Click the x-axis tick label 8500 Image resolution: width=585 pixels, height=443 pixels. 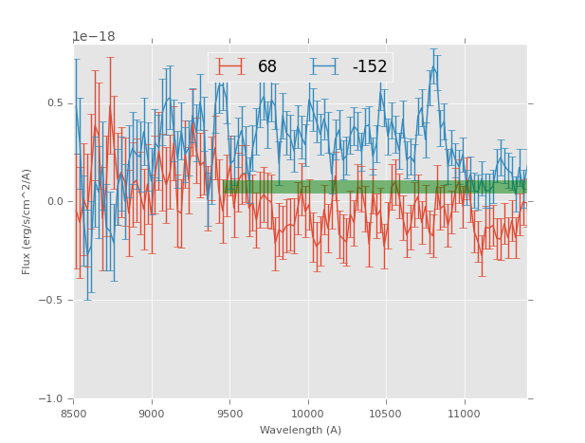click(x=74, y=414)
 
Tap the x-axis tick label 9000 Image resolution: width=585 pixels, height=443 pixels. click(x=152, y=414)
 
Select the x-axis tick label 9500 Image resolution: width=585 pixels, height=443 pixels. click(x=229, y=414)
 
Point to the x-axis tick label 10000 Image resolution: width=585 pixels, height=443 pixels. click(x=307, y=414)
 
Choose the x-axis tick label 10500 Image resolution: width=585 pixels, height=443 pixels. click(x=385, y=414)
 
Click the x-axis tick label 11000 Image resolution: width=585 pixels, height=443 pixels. click(x=463, y=414)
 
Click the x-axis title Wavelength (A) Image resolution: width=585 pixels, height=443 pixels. click(x=301, y=431)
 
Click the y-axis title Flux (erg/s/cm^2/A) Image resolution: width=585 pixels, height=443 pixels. click(x=27, y=221)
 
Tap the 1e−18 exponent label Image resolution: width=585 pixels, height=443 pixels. click(x=94, y=37)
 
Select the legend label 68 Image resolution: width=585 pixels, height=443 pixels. click(x=267, y=66)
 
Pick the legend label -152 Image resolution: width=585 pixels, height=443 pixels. click(x=370, y=66)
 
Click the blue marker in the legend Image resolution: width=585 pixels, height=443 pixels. click(x=324, y=66)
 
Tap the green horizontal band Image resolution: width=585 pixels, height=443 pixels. click(x=379, y=187)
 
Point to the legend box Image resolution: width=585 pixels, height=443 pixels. click(x=300, y=66)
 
